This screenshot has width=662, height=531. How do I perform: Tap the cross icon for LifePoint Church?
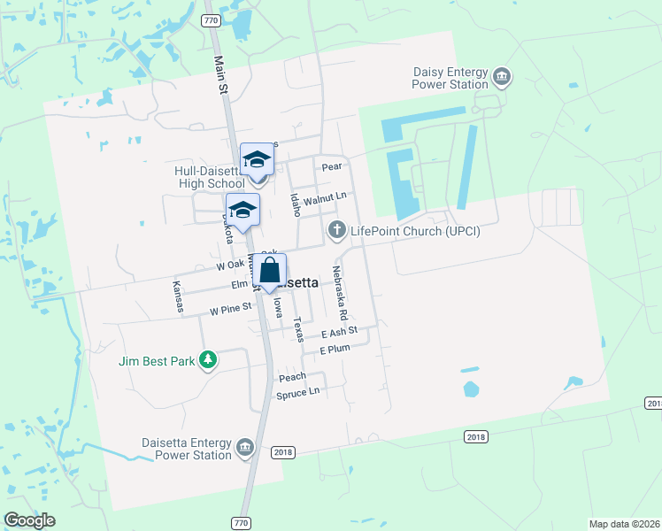pyautogui.click(x=336, y=231)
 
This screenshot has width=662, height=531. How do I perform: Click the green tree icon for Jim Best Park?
pyautogui.click(x=208, y=359)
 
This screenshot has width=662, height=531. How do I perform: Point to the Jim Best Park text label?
pyautogui.click(x=158, y=360)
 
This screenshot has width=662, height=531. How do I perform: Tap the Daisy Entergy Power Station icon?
pyautogui.click(x=502, y=76)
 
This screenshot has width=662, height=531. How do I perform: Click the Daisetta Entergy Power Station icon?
pyautogui.click(x=245, y=449)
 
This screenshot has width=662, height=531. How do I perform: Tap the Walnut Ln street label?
pyautogui.click(x=324, y=200)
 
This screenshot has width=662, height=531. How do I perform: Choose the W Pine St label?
pyautogui.click(x=231, y=311)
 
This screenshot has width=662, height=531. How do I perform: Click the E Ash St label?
pyautogui.click(x=338, y=332)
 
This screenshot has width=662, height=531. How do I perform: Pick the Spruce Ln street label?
pyautogui.click(x=297, y=392)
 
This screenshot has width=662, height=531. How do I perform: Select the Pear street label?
pyautogui.click(x=332, y=166)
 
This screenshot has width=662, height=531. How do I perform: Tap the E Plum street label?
pyautogui.click(x=335, y=349)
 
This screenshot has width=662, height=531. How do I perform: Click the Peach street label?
pyautogui.click(x=292, y=377)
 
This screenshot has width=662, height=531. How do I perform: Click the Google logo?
pyautogui.click(x=29, y=520)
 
